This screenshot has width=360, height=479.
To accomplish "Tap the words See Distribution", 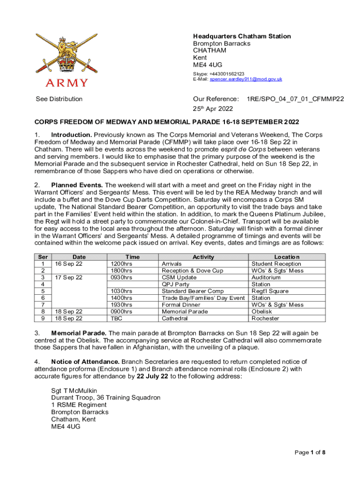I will point(59,99).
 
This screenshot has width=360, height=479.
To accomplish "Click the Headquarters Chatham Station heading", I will point(242,36).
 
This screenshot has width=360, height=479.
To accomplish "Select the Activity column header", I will point(203,257).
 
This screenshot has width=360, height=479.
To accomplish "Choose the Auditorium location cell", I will point(266,277).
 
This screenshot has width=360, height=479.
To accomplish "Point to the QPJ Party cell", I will point(175,284).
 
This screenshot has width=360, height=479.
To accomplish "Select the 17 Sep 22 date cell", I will point(69,277).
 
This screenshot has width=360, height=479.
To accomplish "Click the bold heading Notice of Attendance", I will point(86,362).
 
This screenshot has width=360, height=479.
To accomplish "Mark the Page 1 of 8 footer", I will point(310,452).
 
